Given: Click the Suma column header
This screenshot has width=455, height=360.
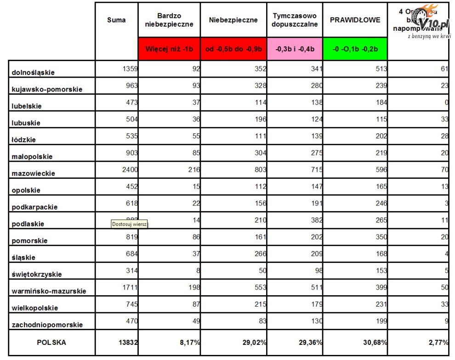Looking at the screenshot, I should pyautogui.click(x=116, y=20).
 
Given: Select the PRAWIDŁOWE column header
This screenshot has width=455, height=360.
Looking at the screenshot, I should pyautogui.click(x=355, y=20).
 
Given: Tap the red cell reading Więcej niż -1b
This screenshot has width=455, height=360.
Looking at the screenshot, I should pyautogui.click(x=169, y=49).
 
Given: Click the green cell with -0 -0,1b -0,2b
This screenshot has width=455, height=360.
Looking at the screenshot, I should pyautogui.click(x=355, y=49).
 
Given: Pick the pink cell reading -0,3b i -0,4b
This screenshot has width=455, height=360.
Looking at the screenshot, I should pyautogui.click(x=295, y=49).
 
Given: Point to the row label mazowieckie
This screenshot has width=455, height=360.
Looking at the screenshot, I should pyautogui.click(x=34, y=173).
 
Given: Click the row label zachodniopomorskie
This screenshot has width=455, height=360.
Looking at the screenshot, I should pyautogui.click(x=47, y=325).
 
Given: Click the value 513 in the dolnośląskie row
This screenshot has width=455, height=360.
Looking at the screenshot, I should pyautogui.click(x=380, y=69).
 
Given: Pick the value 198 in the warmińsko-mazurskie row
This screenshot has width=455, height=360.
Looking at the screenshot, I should pyautogui.click(x=193, y=287).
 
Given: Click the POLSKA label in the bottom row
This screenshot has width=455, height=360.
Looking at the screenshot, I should pyautogui.click(x=51, y=343).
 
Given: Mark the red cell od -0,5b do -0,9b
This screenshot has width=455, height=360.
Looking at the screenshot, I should pyautogui.click(x=233, y=49).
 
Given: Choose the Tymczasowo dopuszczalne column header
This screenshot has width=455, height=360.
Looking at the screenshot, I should pyautogui.click(x=295, y=20).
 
